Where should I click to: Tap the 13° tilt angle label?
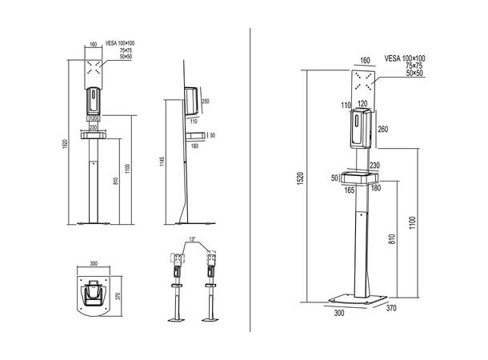[193, 239]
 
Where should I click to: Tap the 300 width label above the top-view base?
[94, 263]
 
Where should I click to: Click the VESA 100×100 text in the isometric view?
[404, 58]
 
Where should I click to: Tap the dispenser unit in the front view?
[94, 101]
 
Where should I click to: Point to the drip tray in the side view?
[197, 135]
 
